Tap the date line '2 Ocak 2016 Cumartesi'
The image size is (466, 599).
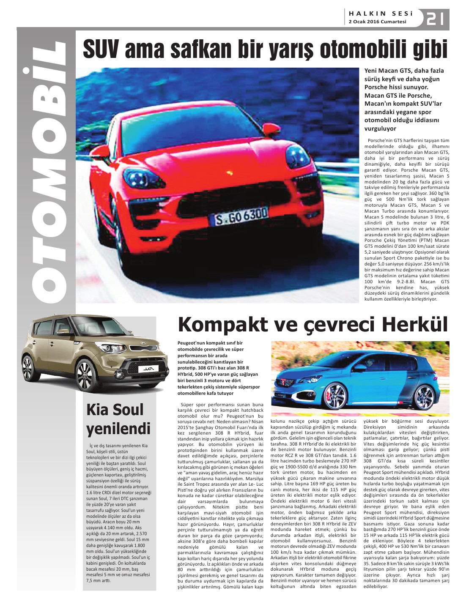[x=377, y=22]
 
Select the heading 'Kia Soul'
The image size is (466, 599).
[x=115, y=410]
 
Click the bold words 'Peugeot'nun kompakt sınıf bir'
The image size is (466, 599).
[x=210, y=343]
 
